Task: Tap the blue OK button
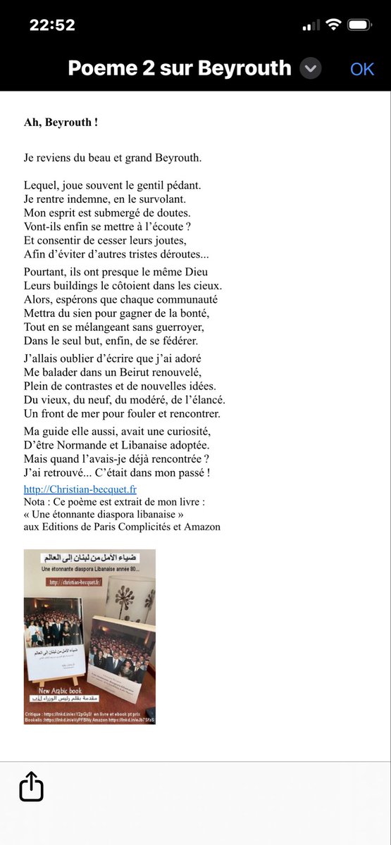click(362, 69)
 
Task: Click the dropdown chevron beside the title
click(311, 68)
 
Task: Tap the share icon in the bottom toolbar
click(32, 787)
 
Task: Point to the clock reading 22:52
click(52, 25)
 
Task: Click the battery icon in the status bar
click(359, 25)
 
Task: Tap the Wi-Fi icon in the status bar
click(333, 25)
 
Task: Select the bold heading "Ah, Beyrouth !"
click(61, 123)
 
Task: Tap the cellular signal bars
click(310, 26)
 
